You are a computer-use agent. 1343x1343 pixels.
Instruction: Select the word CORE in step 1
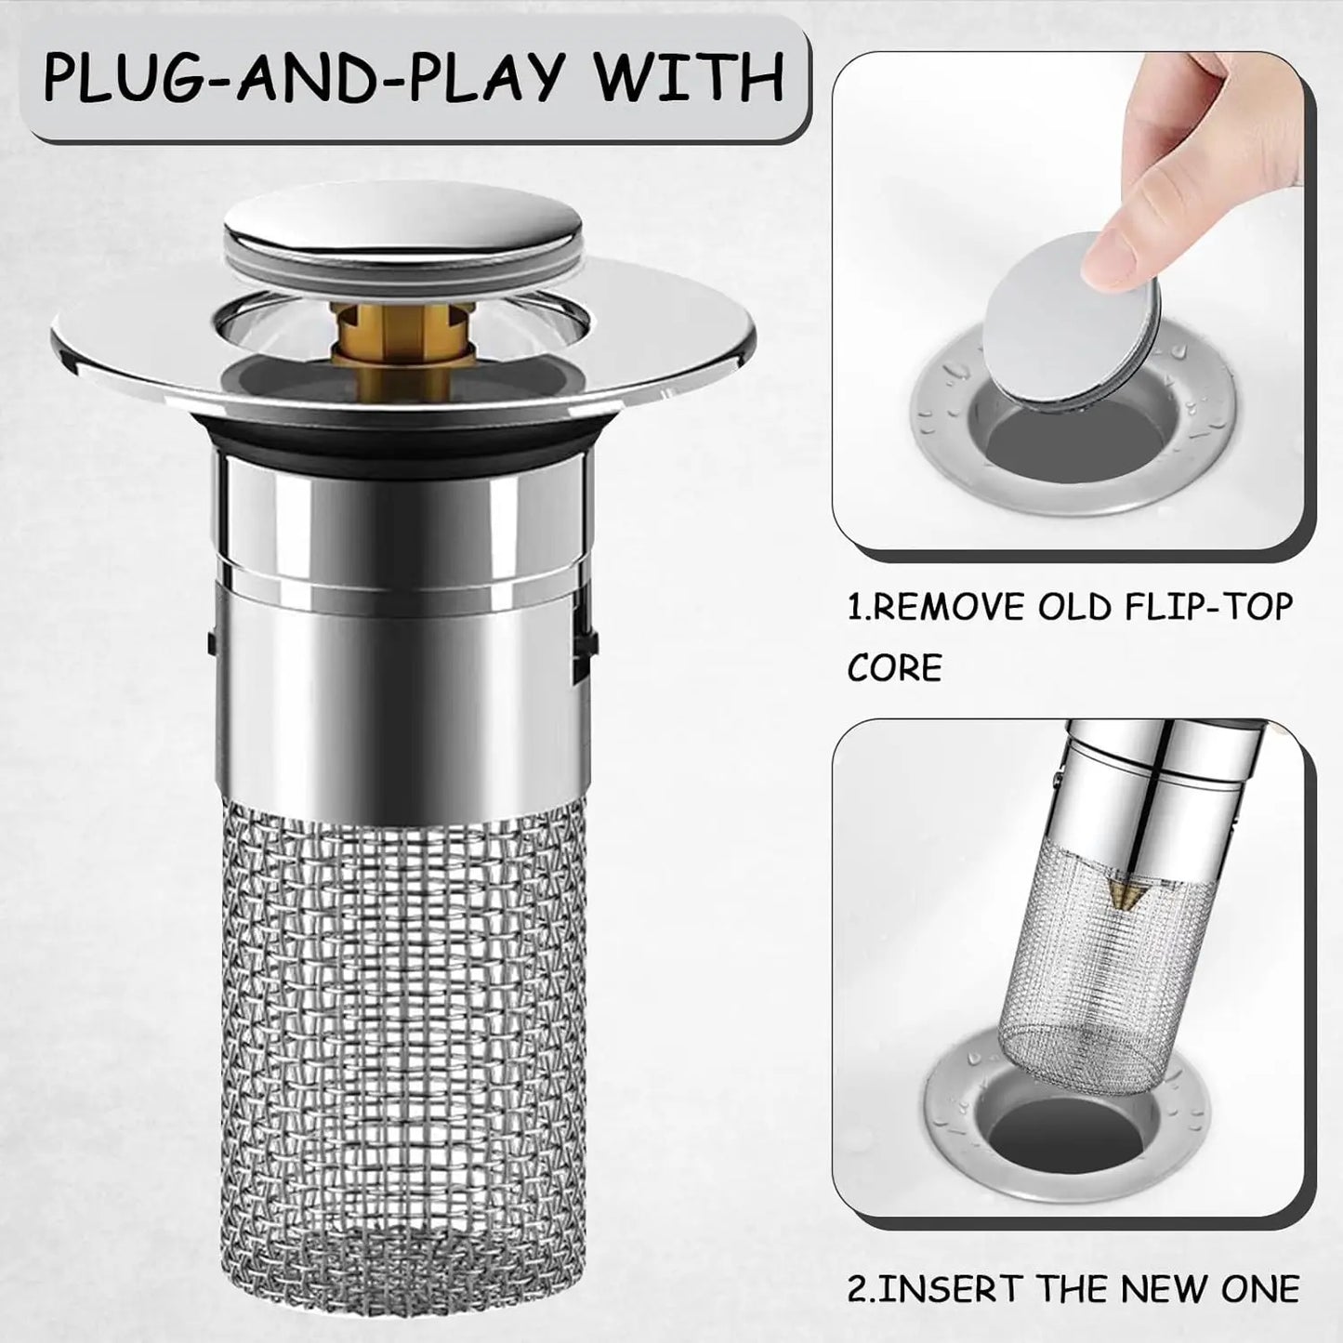coord(894,667)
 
